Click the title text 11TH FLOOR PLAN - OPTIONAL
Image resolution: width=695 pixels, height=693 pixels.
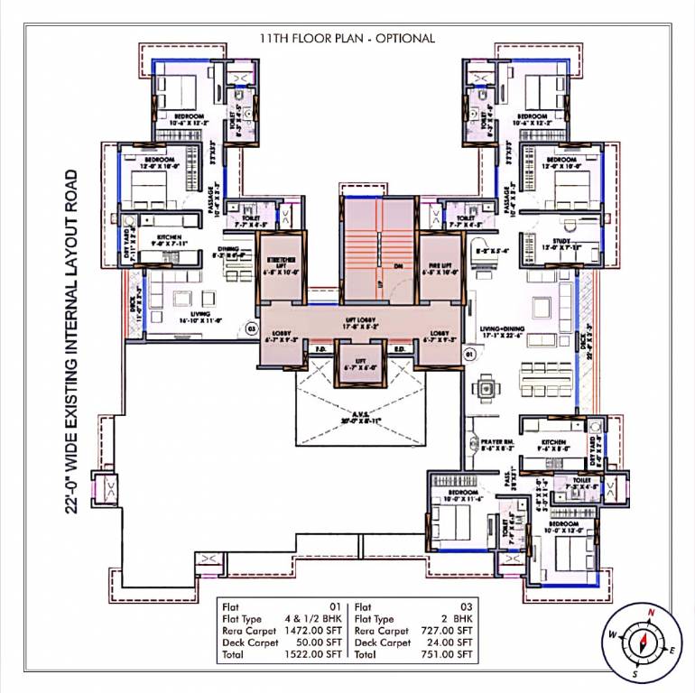[347, 38]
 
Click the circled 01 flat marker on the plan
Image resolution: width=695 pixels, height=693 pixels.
[469, 356]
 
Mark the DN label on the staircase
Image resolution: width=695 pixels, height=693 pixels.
[398, 267]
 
